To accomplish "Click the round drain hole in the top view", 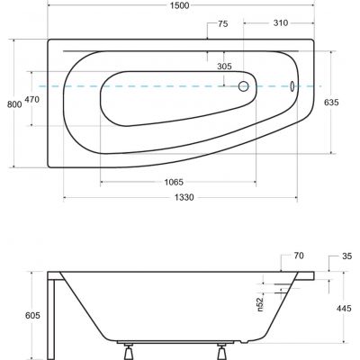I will tap(243, 87).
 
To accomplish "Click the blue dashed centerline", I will tap(72, 86).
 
